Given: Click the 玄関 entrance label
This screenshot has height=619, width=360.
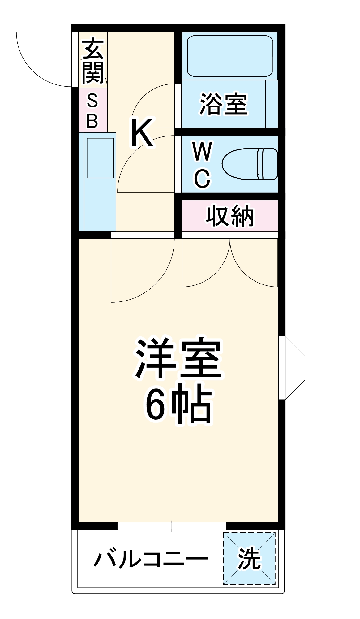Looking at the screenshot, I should pos(92,61).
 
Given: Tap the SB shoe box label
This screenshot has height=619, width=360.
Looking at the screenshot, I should pos(92,111).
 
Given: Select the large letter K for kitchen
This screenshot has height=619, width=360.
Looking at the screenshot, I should pos(142,133).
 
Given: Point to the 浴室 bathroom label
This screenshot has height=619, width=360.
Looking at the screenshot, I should pos(223,104).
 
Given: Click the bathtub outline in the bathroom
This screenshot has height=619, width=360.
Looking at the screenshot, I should pos(230,56).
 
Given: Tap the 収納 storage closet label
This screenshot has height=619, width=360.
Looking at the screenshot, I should pos(229,216).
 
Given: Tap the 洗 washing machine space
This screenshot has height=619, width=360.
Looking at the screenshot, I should pos(249,558).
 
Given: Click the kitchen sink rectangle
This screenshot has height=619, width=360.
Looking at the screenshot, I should pos(100,158).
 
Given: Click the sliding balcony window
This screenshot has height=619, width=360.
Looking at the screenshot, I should pos(172,526).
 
